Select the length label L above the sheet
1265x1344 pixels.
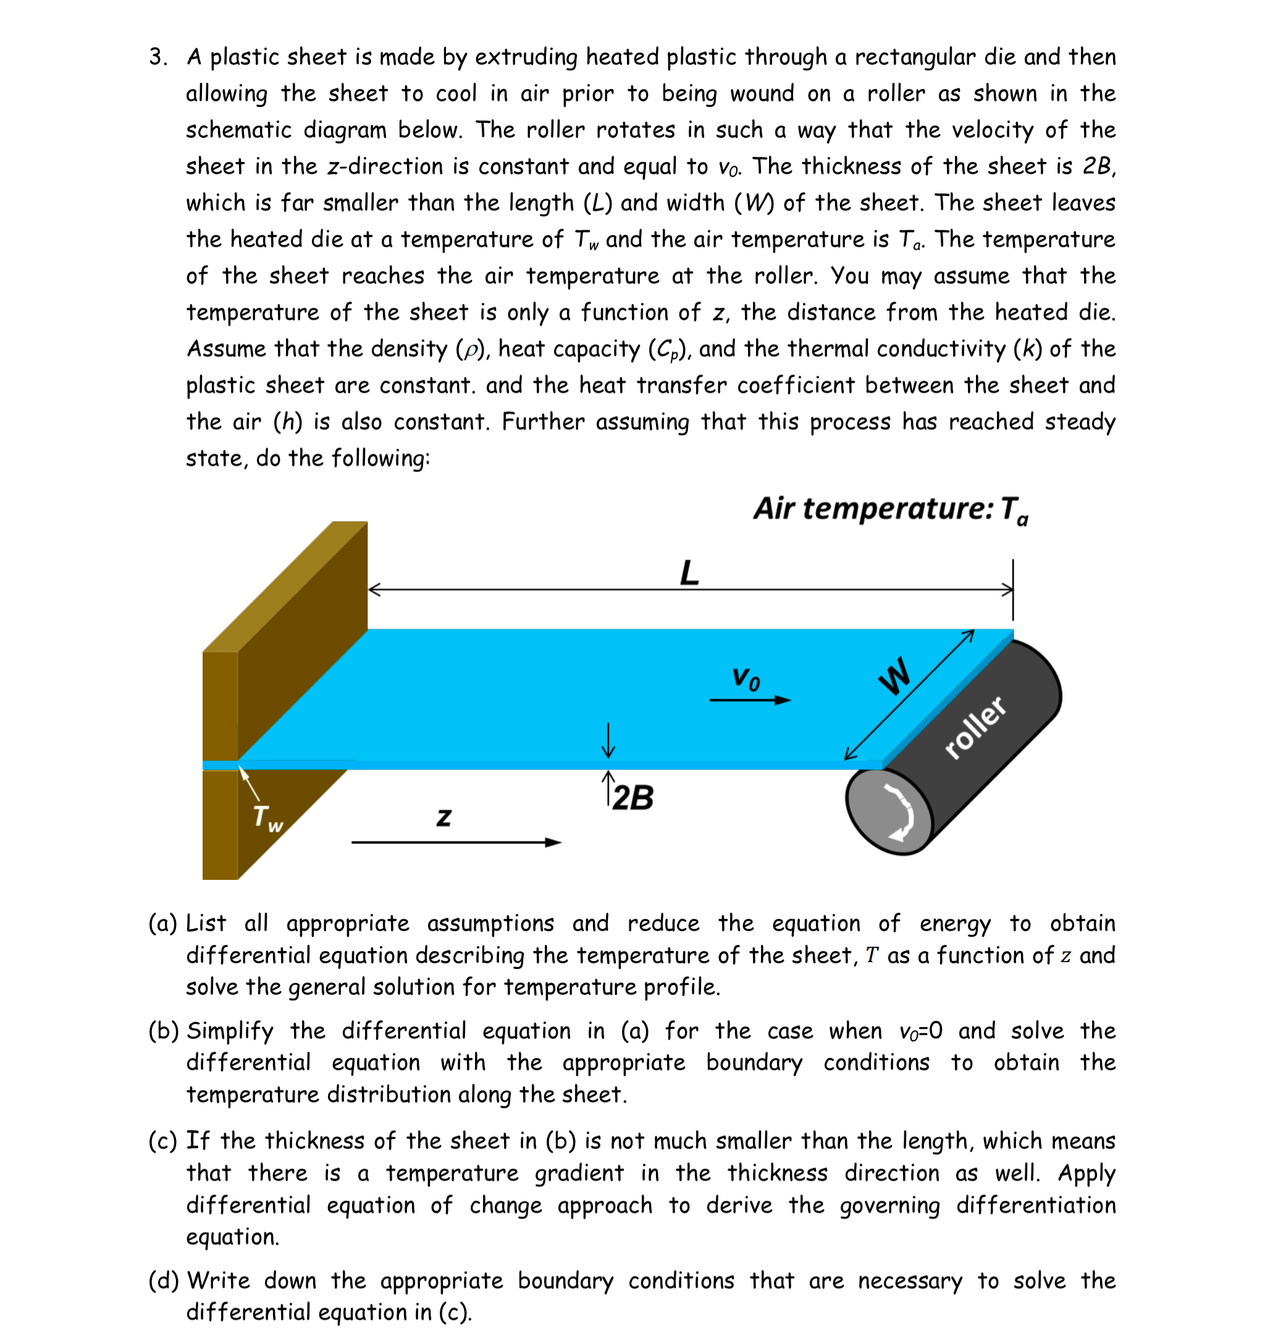[689, 573]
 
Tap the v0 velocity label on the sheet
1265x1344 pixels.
[746, 678]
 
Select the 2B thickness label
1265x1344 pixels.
[632, 798]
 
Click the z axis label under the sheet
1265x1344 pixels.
[443, 818]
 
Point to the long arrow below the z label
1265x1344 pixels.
[456, 842]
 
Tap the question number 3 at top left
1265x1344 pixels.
[158, 57]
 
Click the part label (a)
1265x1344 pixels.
[163, 923]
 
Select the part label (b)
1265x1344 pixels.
[163, 1031]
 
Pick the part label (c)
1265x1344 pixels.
[163, 1141]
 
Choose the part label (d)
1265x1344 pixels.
[163, 1280]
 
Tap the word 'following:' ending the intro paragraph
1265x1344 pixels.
[380, 459]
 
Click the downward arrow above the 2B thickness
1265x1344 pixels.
[608, 740]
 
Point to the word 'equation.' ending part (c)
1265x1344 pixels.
[232, 1236]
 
